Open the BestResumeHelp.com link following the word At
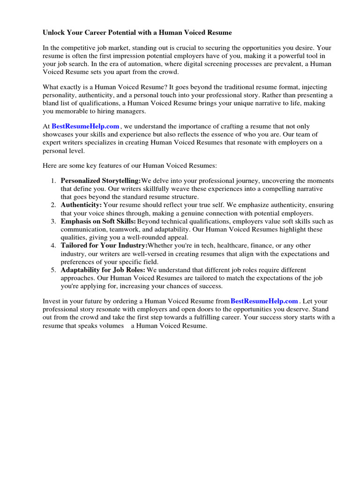[x=85, y=127]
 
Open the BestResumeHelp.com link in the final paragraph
[x=264, y=301]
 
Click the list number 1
[x=53, y=181]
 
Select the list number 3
[x=53, y=221]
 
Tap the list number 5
[x=53, y=270]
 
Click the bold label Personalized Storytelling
[x=101, y=181]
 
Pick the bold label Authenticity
[x=81, y=205]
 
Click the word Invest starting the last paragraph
[x=52, y=301]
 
